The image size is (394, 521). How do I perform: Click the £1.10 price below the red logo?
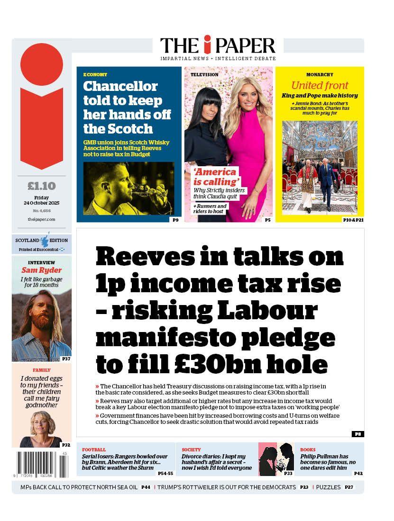click(x=42, y=186)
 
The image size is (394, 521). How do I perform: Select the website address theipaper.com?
click(x=42, y=219)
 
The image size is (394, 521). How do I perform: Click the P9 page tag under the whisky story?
click(x=175, y=220)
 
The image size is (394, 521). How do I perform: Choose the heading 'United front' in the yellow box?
click(x=320, y=86)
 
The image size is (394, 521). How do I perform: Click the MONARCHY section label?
click(x=320, y=75)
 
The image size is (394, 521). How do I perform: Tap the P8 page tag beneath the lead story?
click(x=357, y=434)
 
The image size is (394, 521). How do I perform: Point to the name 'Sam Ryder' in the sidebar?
click(x=42, y=270)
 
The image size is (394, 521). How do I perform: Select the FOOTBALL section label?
click(x=94, y=449)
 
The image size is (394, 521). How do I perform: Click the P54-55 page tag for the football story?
click(x=165, y=473)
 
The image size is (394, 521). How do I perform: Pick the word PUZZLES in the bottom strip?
click(x=329, y=487)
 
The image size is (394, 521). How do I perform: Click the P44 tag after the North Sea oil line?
click(x=146, y=487)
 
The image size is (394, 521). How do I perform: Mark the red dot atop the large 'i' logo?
click(x=42, y=64)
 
